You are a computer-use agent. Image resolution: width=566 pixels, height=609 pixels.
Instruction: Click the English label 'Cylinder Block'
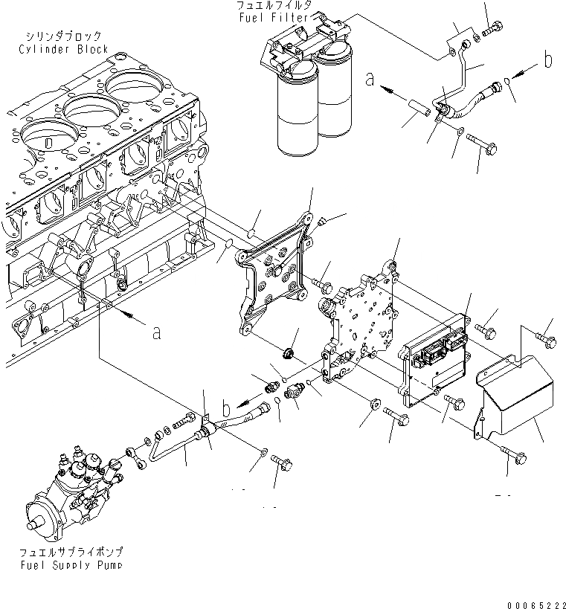(64, 49)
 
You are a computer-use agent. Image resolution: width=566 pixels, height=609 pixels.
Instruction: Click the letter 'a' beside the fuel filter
(370, 78)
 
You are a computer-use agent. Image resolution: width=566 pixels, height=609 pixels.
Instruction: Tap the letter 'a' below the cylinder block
(157, 332)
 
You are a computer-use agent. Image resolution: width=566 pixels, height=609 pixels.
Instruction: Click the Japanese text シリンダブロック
(63, 36)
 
